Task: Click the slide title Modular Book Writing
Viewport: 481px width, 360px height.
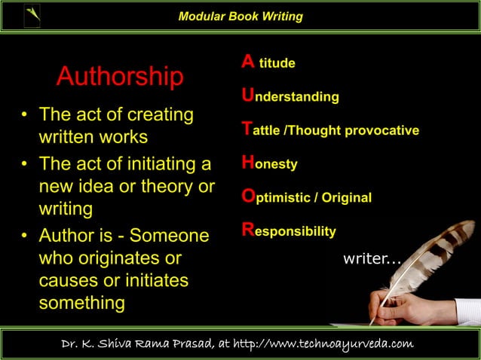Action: pyautogui.click(x=240, y=17)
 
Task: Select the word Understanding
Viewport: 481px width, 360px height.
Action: pyautogui.click(x=290, y=97)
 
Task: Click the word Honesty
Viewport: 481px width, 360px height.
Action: pyautogui.click(x=269, y=163)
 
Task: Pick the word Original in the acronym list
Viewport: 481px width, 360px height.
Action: pyautogui.click(x=347, y=198)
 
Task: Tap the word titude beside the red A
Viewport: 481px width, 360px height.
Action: pyautogui.click(x=277, y=64)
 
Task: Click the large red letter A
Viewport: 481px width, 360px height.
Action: pyautogui.click(x=247, y=63)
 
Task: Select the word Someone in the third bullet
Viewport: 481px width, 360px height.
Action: pyautogui.click(x=170, y=236)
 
